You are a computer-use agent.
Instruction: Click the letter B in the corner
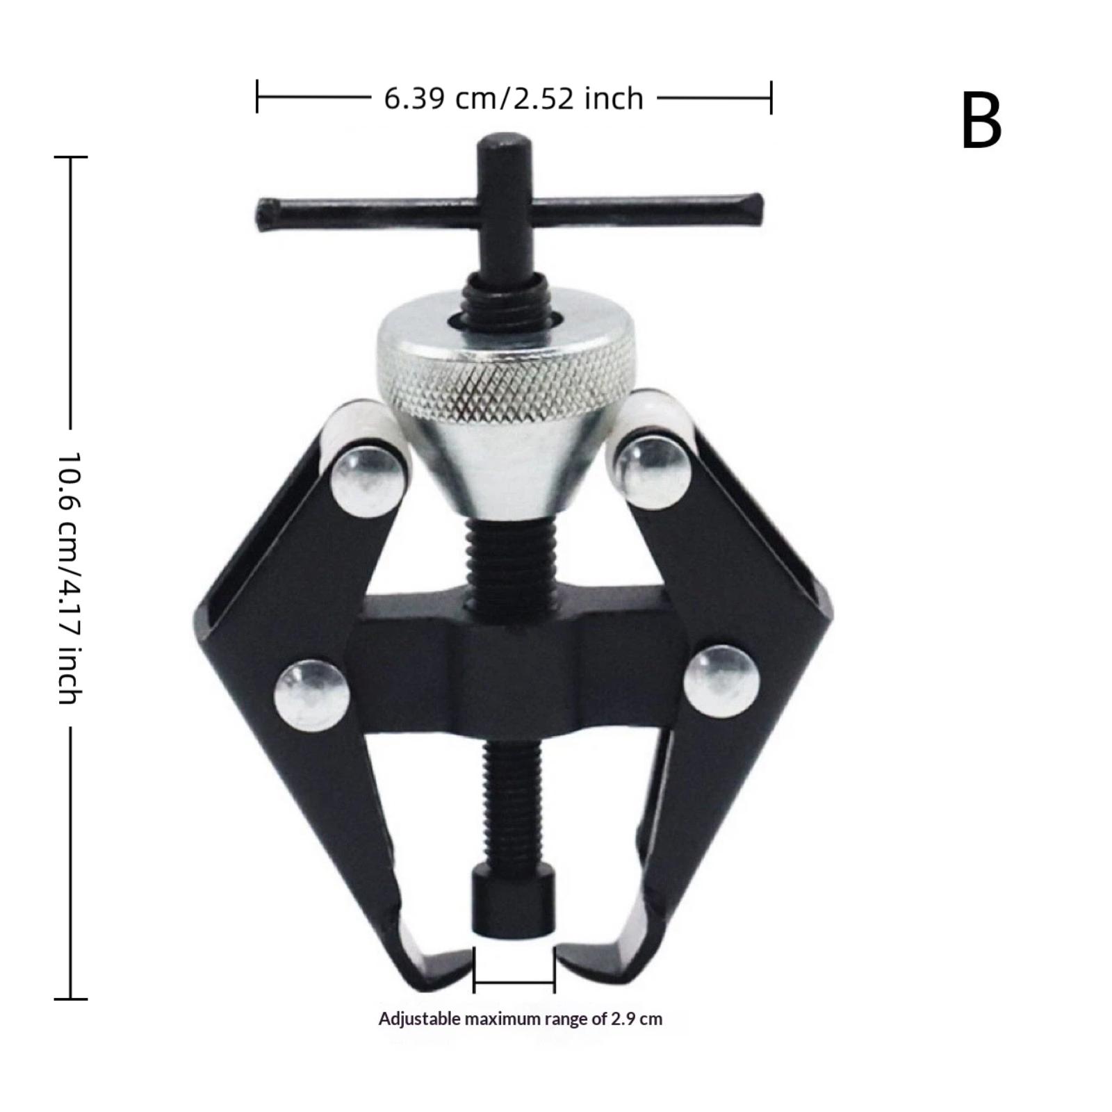(981, 121)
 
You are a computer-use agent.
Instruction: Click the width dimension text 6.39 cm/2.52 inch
(514, 99)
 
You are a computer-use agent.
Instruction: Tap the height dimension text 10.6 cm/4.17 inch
(70, 578)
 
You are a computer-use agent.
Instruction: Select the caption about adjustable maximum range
(521, 1019)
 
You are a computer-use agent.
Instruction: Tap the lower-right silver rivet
(721, 681)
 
